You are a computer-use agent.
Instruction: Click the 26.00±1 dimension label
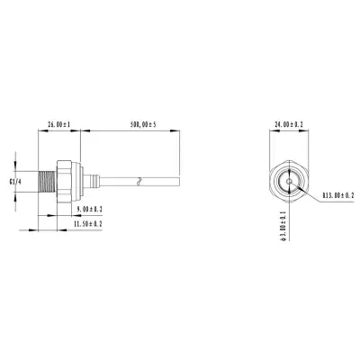coord(58,124)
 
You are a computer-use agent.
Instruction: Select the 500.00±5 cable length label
coord(143,124)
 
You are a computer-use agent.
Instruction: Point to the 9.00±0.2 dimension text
coord(89,209)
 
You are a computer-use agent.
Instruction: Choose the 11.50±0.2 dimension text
coord(88,223)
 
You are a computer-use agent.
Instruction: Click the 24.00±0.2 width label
coord(289,124)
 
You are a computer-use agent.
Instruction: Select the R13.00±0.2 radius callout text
coord(338,195)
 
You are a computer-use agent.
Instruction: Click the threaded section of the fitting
coord(47,182)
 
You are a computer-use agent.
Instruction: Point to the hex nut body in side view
coord(64,182)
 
